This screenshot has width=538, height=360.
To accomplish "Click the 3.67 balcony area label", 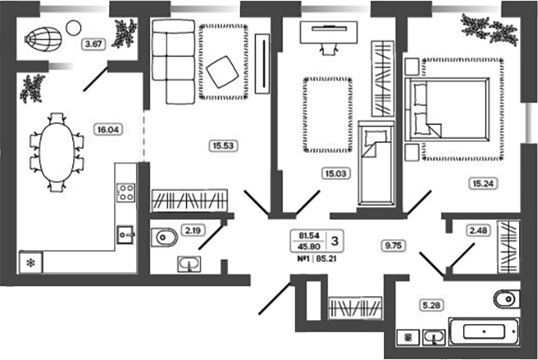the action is (93, 44).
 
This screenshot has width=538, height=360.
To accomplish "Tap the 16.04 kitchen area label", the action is (107, 129).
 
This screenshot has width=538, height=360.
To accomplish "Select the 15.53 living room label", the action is (223, 146).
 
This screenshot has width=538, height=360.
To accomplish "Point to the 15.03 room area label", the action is (336, 174).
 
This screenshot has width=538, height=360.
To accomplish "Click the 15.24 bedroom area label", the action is (483, 183).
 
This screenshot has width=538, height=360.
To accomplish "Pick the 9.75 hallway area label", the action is (393, 245).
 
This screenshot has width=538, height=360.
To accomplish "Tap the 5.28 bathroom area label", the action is (431, 305).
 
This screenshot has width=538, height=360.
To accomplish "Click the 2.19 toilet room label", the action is (193, 231).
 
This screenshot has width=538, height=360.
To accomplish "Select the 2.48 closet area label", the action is (478, 231).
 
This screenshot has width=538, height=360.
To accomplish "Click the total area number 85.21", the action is (326, 259).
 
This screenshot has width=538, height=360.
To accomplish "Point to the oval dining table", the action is (57, 152).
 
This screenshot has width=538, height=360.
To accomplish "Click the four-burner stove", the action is (125, 192).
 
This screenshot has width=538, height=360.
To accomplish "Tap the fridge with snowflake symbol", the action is (31, 263).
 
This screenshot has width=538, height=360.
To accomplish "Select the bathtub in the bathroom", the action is (483, 332).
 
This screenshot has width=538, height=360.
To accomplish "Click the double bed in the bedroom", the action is (447, 109).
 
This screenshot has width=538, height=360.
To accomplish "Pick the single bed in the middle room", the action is (376, 164).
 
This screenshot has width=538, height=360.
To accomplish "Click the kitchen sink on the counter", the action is (125, 235).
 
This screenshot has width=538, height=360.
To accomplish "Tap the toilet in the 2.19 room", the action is (165, 237).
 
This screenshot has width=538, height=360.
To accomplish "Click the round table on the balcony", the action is (73, 28).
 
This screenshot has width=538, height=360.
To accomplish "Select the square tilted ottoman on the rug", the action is (223, 72).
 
